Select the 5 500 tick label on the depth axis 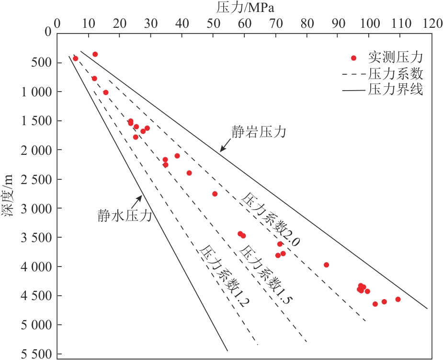[35, 354]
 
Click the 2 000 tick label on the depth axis [35, 150]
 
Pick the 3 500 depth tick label [35, 237]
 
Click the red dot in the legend [353, 58]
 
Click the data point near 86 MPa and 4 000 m [326, 265]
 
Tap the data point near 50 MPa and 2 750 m [215, 194]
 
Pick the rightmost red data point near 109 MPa [398, 299]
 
